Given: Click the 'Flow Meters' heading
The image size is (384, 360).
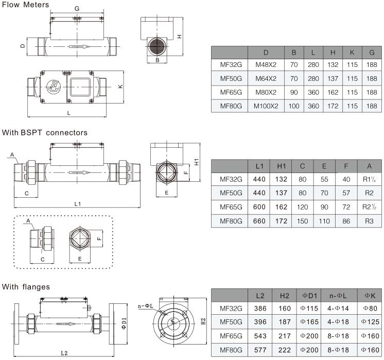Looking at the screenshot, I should point(25,5).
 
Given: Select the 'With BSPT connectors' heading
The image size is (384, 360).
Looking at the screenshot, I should point(44,132).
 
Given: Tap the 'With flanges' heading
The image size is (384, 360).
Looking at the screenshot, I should point(26,286).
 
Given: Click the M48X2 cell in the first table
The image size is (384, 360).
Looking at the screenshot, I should point(266,65).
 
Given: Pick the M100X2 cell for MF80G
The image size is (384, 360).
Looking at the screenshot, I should point(266,106).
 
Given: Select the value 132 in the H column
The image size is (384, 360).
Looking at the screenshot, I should point(333,65).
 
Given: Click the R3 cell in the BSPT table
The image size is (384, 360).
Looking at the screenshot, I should point(369,221).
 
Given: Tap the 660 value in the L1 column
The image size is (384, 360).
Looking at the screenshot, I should point(259,221).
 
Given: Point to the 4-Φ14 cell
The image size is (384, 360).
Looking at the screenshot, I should point(338,309).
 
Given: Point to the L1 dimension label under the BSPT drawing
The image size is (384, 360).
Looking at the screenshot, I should point(78,204).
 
